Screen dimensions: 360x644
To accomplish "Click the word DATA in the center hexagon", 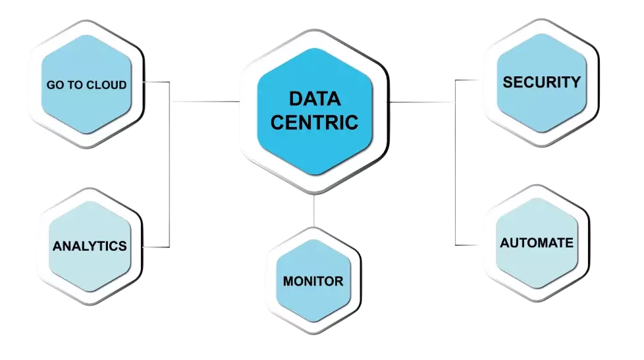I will pos(315,100).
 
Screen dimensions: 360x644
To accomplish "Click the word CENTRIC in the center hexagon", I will pos(315,122).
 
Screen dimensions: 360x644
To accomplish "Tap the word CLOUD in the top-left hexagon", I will pos(107,85).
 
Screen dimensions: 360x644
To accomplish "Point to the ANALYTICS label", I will pos(90,246).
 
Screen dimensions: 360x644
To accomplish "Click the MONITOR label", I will pos(313,281).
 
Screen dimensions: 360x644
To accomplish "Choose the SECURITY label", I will pos(541,82).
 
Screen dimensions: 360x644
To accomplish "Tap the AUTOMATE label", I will pos(537,243).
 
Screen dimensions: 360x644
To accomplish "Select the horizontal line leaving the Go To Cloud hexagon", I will pos(157,82).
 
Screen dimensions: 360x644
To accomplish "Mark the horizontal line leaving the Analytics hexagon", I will pos(157,247).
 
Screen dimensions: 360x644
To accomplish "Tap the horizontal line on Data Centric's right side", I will pos(421,103).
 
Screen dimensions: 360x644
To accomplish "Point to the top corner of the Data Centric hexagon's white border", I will pos(314,30).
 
